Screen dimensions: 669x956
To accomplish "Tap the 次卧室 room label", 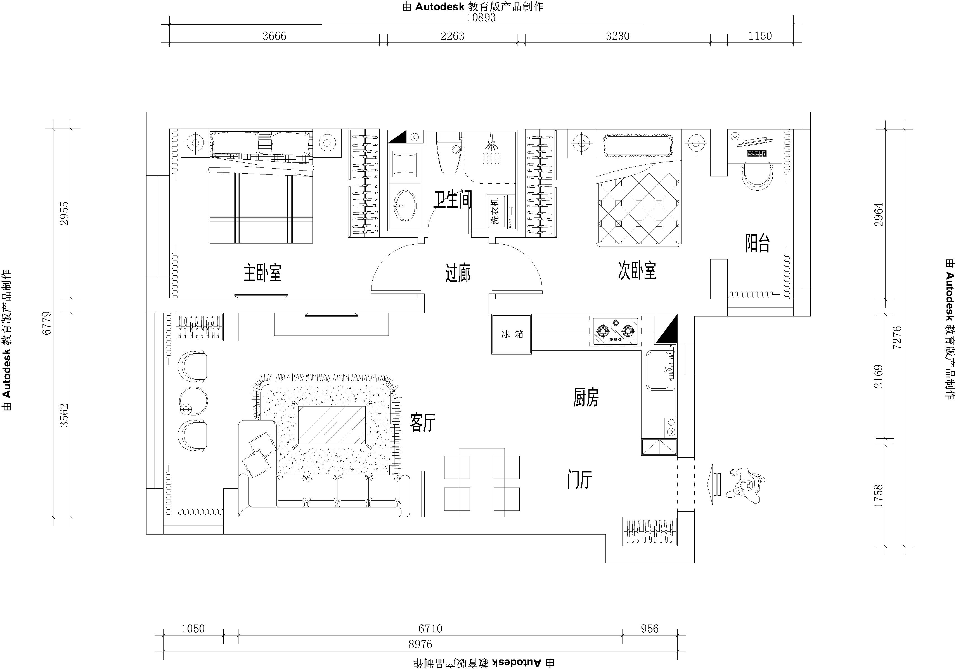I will [637, 271].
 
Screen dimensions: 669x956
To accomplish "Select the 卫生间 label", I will [452, 200].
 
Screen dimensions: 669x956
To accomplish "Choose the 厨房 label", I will [586, 397].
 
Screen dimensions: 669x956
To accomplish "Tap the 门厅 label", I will [579, 479].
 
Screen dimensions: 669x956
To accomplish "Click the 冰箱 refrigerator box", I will [511, 335].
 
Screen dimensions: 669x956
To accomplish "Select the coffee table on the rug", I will [332, 425].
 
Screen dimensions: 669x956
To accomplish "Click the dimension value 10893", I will [481, 18].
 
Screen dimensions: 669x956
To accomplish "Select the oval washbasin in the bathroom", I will [404, 206].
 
